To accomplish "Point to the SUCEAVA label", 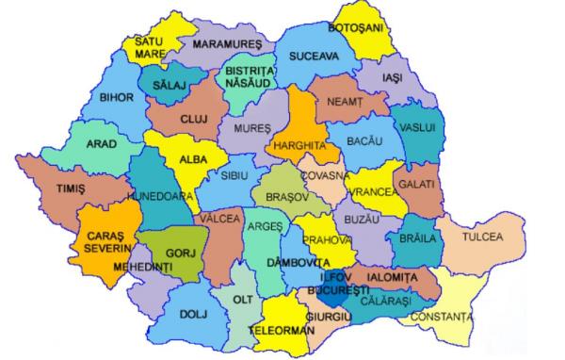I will click(314, 56).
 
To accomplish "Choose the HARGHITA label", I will click(301, 147).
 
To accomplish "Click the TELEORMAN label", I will click(282, 333).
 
